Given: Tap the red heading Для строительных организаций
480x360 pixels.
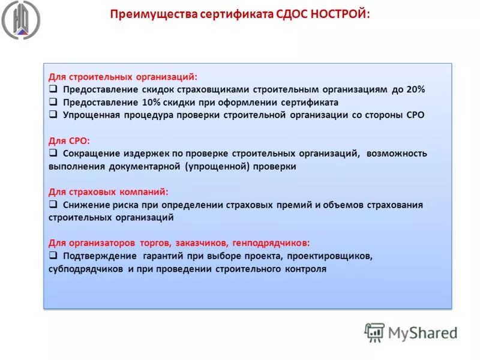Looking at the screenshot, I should click(122, 77).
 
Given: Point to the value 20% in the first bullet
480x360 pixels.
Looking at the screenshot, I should click(415, 89).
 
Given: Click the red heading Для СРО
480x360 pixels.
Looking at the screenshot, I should click(69, 141).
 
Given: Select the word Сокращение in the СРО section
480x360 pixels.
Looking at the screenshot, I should click(90, 154).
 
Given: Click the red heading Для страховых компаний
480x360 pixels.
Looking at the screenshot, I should click(109, 192).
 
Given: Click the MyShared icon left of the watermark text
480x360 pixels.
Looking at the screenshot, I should click(374, 332).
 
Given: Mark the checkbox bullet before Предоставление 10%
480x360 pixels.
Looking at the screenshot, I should click(53, 103).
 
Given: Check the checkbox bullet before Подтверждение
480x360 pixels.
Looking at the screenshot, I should click(53, 256).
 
